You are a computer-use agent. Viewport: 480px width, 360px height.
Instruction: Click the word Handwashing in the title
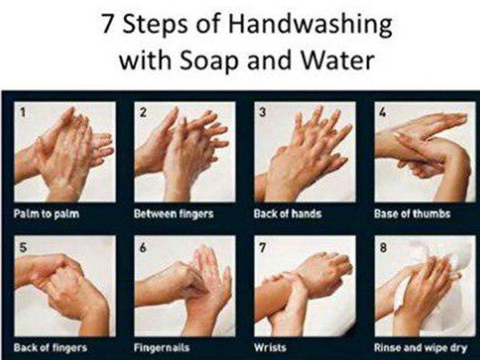click(310, 25)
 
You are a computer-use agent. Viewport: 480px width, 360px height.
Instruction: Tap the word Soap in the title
click(209, 60)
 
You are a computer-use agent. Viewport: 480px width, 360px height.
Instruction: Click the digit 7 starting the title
click(108, 23)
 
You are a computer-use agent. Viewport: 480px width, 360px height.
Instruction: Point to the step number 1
click(22, 112)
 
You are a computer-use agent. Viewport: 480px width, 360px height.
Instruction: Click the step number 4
click(382, 112)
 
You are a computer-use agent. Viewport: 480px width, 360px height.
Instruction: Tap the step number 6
click(142, 247)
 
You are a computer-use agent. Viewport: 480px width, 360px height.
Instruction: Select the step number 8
click(383, 247)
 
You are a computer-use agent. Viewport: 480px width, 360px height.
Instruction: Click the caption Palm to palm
click(46, 214)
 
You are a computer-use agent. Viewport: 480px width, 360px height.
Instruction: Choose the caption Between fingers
click(174, 214)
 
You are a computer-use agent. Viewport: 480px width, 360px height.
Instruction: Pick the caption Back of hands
click(288, 214)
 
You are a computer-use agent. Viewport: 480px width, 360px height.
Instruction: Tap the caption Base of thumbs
click(412, 214)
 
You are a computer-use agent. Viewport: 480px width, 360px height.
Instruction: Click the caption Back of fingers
click(50, 348)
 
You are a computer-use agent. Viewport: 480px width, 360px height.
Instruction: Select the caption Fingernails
click(162, 348)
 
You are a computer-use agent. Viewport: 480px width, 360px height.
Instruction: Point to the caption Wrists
click(270, 347)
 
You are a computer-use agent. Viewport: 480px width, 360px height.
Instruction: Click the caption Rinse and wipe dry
click(421, 348)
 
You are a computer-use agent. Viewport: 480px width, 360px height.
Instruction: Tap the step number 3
click(262, 112)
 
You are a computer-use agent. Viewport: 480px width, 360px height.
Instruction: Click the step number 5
click(22, 247)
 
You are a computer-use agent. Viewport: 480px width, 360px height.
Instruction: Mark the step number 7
click(262, 247)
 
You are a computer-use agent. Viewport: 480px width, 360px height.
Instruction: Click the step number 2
click(142, 112)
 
